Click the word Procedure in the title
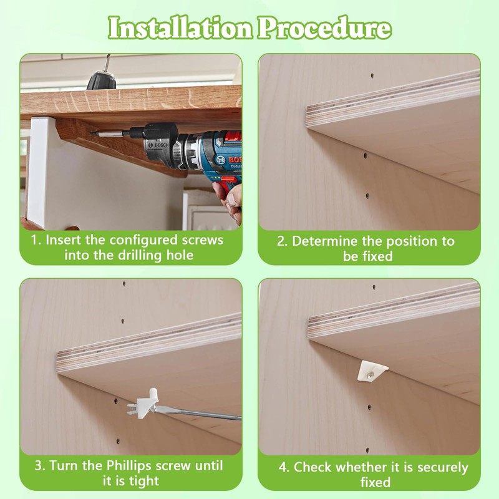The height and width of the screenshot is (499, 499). point(323,28)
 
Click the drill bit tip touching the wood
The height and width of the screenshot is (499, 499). point(94,132)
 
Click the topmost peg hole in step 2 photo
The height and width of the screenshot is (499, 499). point(372,76)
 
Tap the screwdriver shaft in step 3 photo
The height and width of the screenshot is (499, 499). point(200,412)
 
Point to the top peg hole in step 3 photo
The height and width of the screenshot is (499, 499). point(124,284)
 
